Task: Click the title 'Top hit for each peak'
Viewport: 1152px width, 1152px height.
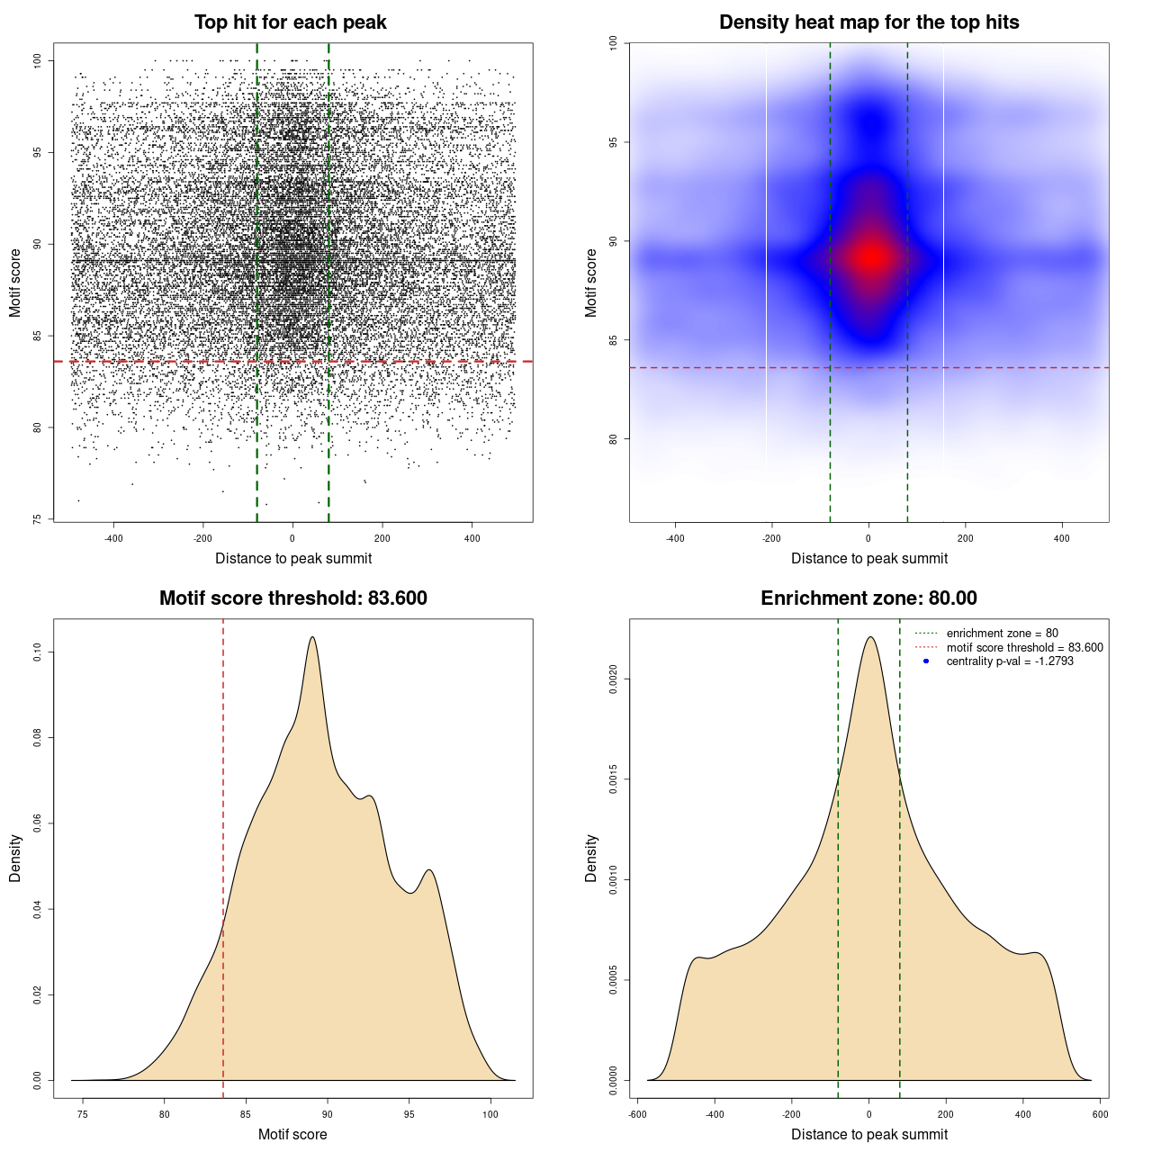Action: [290, 22]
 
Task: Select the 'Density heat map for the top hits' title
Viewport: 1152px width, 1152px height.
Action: [868, 22]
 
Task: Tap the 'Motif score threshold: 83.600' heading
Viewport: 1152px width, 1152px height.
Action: [292, 598]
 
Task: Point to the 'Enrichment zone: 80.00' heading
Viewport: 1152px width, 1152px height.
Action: [868, 598]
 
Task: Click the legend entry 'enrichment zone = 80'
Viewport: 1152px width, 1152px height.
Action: [1002, 634]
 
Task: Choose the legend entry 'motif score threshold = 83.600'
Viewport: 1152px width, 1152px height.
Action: [1024, 648]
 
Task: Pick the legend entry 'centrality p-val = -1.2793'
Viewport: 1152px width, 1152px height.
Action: [1010, 661]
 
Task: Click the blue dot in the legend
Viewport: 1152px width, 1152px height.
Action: [926, 661]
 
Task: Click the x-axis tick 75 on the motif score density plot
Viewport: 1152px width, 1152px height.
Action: [83, 1115]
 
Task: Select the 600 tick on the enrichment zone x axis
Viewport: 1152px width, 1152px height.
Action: [1100, 1115]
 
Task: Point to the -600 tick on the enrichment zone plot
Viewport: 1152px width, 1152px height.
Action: [637, 1115]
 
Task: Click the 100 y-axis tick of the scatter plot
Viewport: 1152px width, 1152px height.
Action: [37, 60]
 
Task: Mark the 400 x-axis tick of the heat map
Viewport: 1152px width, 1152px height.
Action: [1062, 538]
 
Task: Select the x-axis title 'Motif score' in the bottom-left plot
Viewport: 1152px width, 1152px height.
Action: [292, 1134]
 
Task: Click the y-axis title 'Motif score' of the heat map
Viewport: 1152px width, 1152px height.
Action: [591, 283]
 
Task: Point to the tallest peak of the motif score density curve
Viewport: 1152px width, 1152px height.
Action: [312, 637]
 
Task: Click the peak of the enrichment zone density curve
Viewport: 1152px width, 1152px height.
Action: [869, 637]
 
